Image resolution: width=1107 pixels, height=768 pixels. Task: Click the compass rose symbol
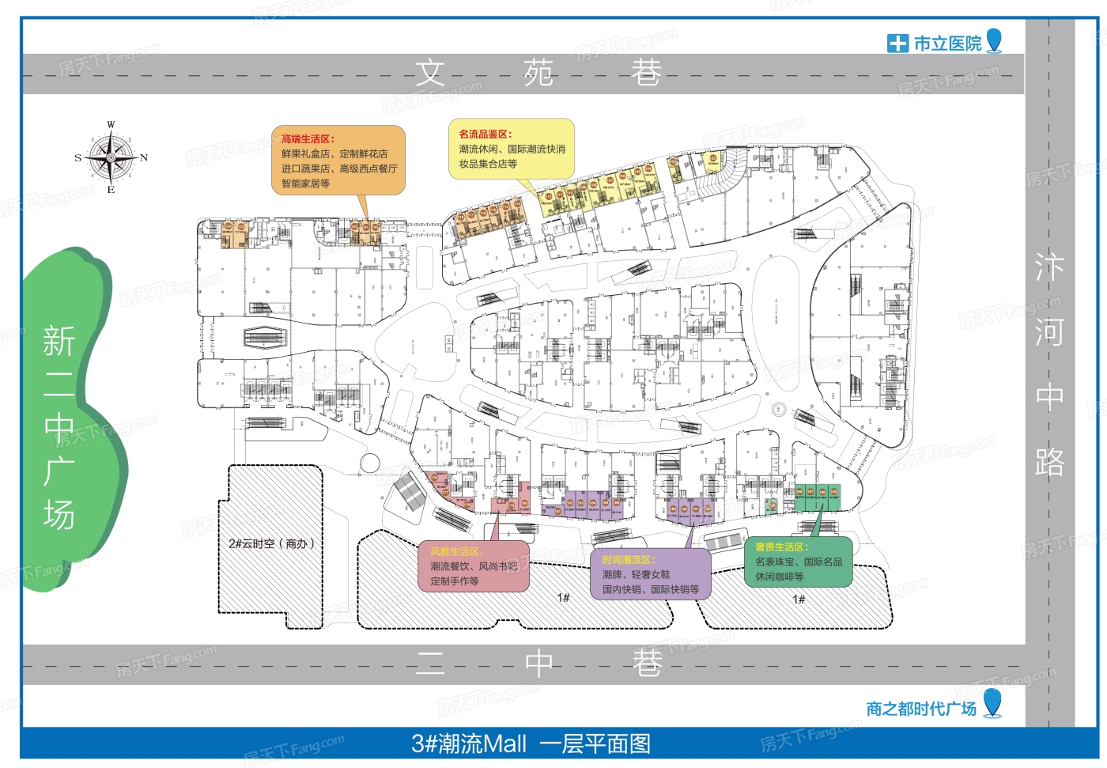point(111,157)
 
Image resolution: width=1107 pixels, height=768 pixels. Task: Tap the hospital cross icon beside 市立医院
point(897,44)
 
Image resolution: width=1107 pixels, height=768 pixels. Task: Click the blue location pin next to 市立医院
point(995,40)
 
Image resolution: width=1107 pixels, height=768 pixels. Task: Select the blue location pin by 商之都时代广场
point(992,702)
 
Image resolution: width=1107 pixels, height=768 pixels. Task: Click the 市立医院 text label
point(947,44)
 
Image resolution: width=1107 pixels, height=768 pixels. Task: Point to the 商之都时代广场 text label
point(921,709)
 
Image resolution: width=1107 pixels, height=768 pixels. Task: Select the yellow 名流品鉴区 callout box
point(512,149)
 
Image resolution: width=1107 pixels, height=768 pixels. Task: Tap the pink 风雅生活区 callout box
point(474,566)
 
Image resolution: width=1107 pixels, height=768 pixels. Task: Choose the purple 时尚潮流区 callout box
point(651,574)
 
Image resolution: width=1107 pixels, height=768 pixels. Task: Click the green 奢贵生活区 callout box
point(799,562)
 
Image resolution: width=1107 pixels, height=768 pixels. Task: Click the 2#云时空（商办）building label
point(271,543)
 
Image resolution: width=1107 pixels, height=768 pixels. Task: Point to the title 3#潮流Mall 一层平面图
point(531,744)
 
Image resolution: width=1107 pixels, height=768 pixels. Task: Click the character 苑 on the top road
point(538,74)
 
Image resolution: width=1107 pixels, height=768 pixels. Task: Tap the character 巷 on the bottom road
point(647,663)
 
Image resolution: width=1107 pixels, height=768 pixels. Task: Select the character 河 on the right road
point(1049,332)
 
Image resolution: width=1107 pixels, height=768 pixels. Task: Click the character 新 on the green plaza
point(59,342)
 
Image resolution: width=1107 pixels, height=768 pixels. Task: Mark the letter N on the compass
point(144,157)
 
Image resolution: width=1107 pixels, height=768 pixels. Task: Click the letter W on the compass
point(111,124)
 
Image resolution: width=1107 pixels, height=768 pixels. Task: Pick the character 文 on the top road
point(431,74)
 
